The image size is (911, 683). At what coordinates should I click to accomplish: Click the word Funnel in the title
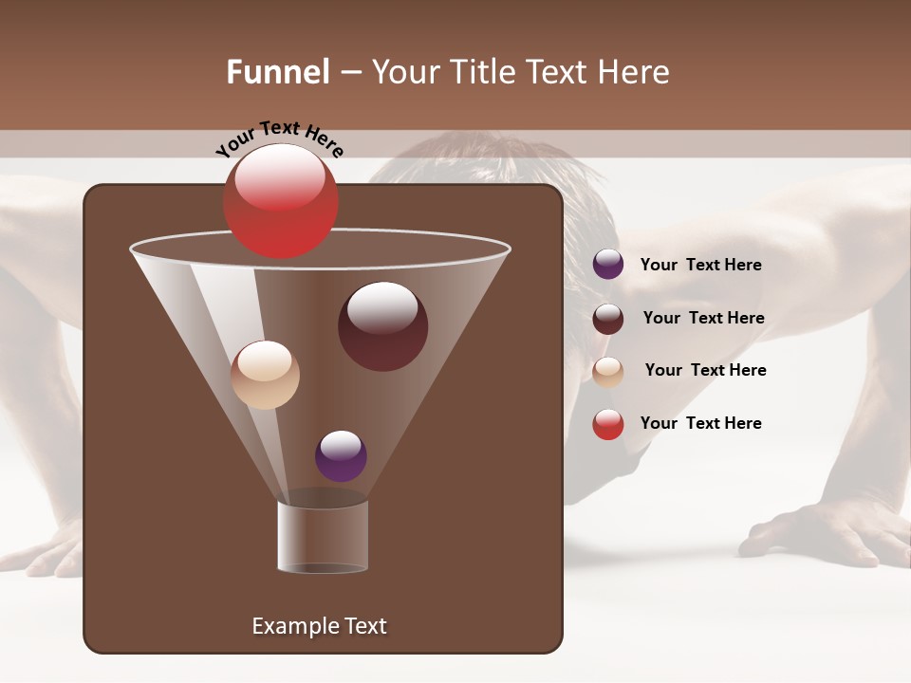point(278,72)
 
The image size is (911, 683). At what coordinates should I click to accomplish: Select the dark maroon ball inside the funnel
point(382,327)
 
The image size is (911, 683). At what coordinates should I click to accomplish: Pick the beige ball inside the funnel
point(265,375)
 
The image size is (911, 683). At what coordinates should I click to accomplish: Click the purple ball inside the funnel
point(341,456)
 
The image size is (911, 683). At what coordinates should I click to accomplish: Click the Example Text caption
point(319,626)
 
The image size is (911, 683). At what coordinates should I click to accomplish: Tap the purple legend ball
point(608,265)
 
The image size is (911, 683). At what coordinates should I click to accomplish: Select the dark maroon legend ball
point(608,318)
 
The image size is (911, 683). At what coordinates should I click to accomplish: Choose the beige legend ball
point(608,371)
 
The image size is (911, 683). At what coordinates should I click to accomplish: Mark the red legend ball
point(608,424)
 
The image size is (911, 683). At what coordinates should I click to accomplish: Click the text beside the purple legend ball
point(700,265)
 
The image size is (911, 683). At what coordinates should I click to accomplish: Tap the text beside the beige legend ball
point(705,370)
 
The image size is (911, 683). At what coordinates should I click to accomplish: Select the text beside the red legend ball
point(700,423)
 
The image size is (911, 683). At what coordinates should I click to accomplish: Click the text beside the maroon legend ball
point(703,318)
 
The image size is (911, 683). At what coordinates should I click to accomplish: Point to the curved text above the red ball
point(280,138)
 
